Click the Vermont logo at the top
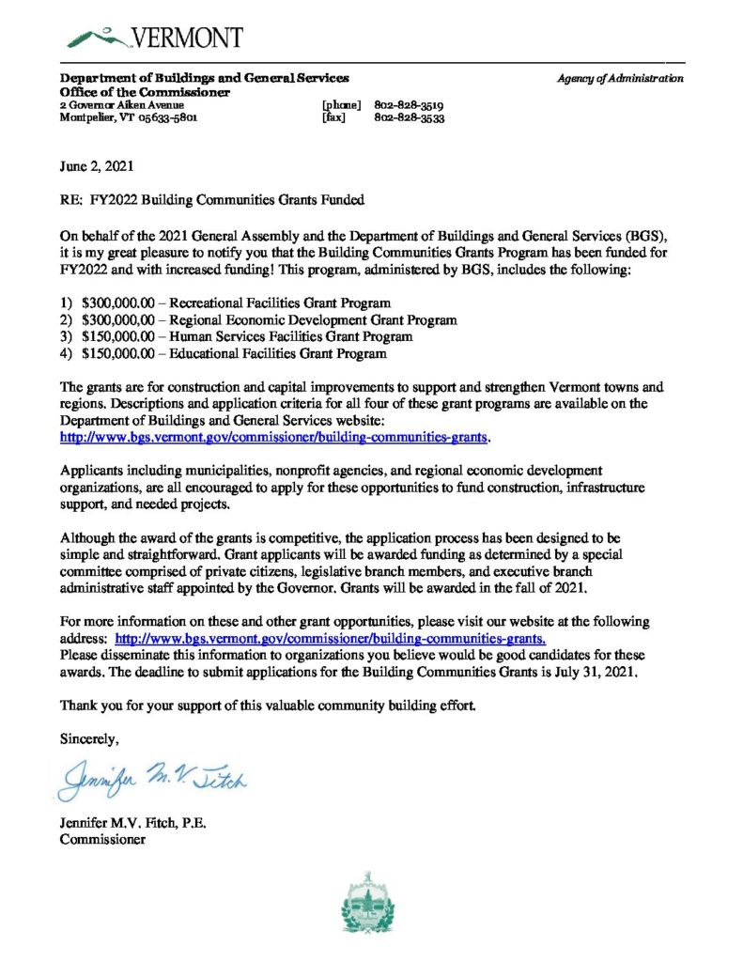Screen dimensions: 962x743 click(155, 38)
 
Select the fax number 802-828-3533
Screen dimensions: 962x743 click(410, 119)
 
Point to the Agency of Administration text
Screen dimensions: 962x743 click(619, 79)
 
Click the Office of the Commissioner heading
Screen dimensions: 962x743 click(145, 92)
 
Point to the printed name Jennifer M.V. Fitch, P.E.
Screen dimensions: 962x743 click(132, 824)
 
